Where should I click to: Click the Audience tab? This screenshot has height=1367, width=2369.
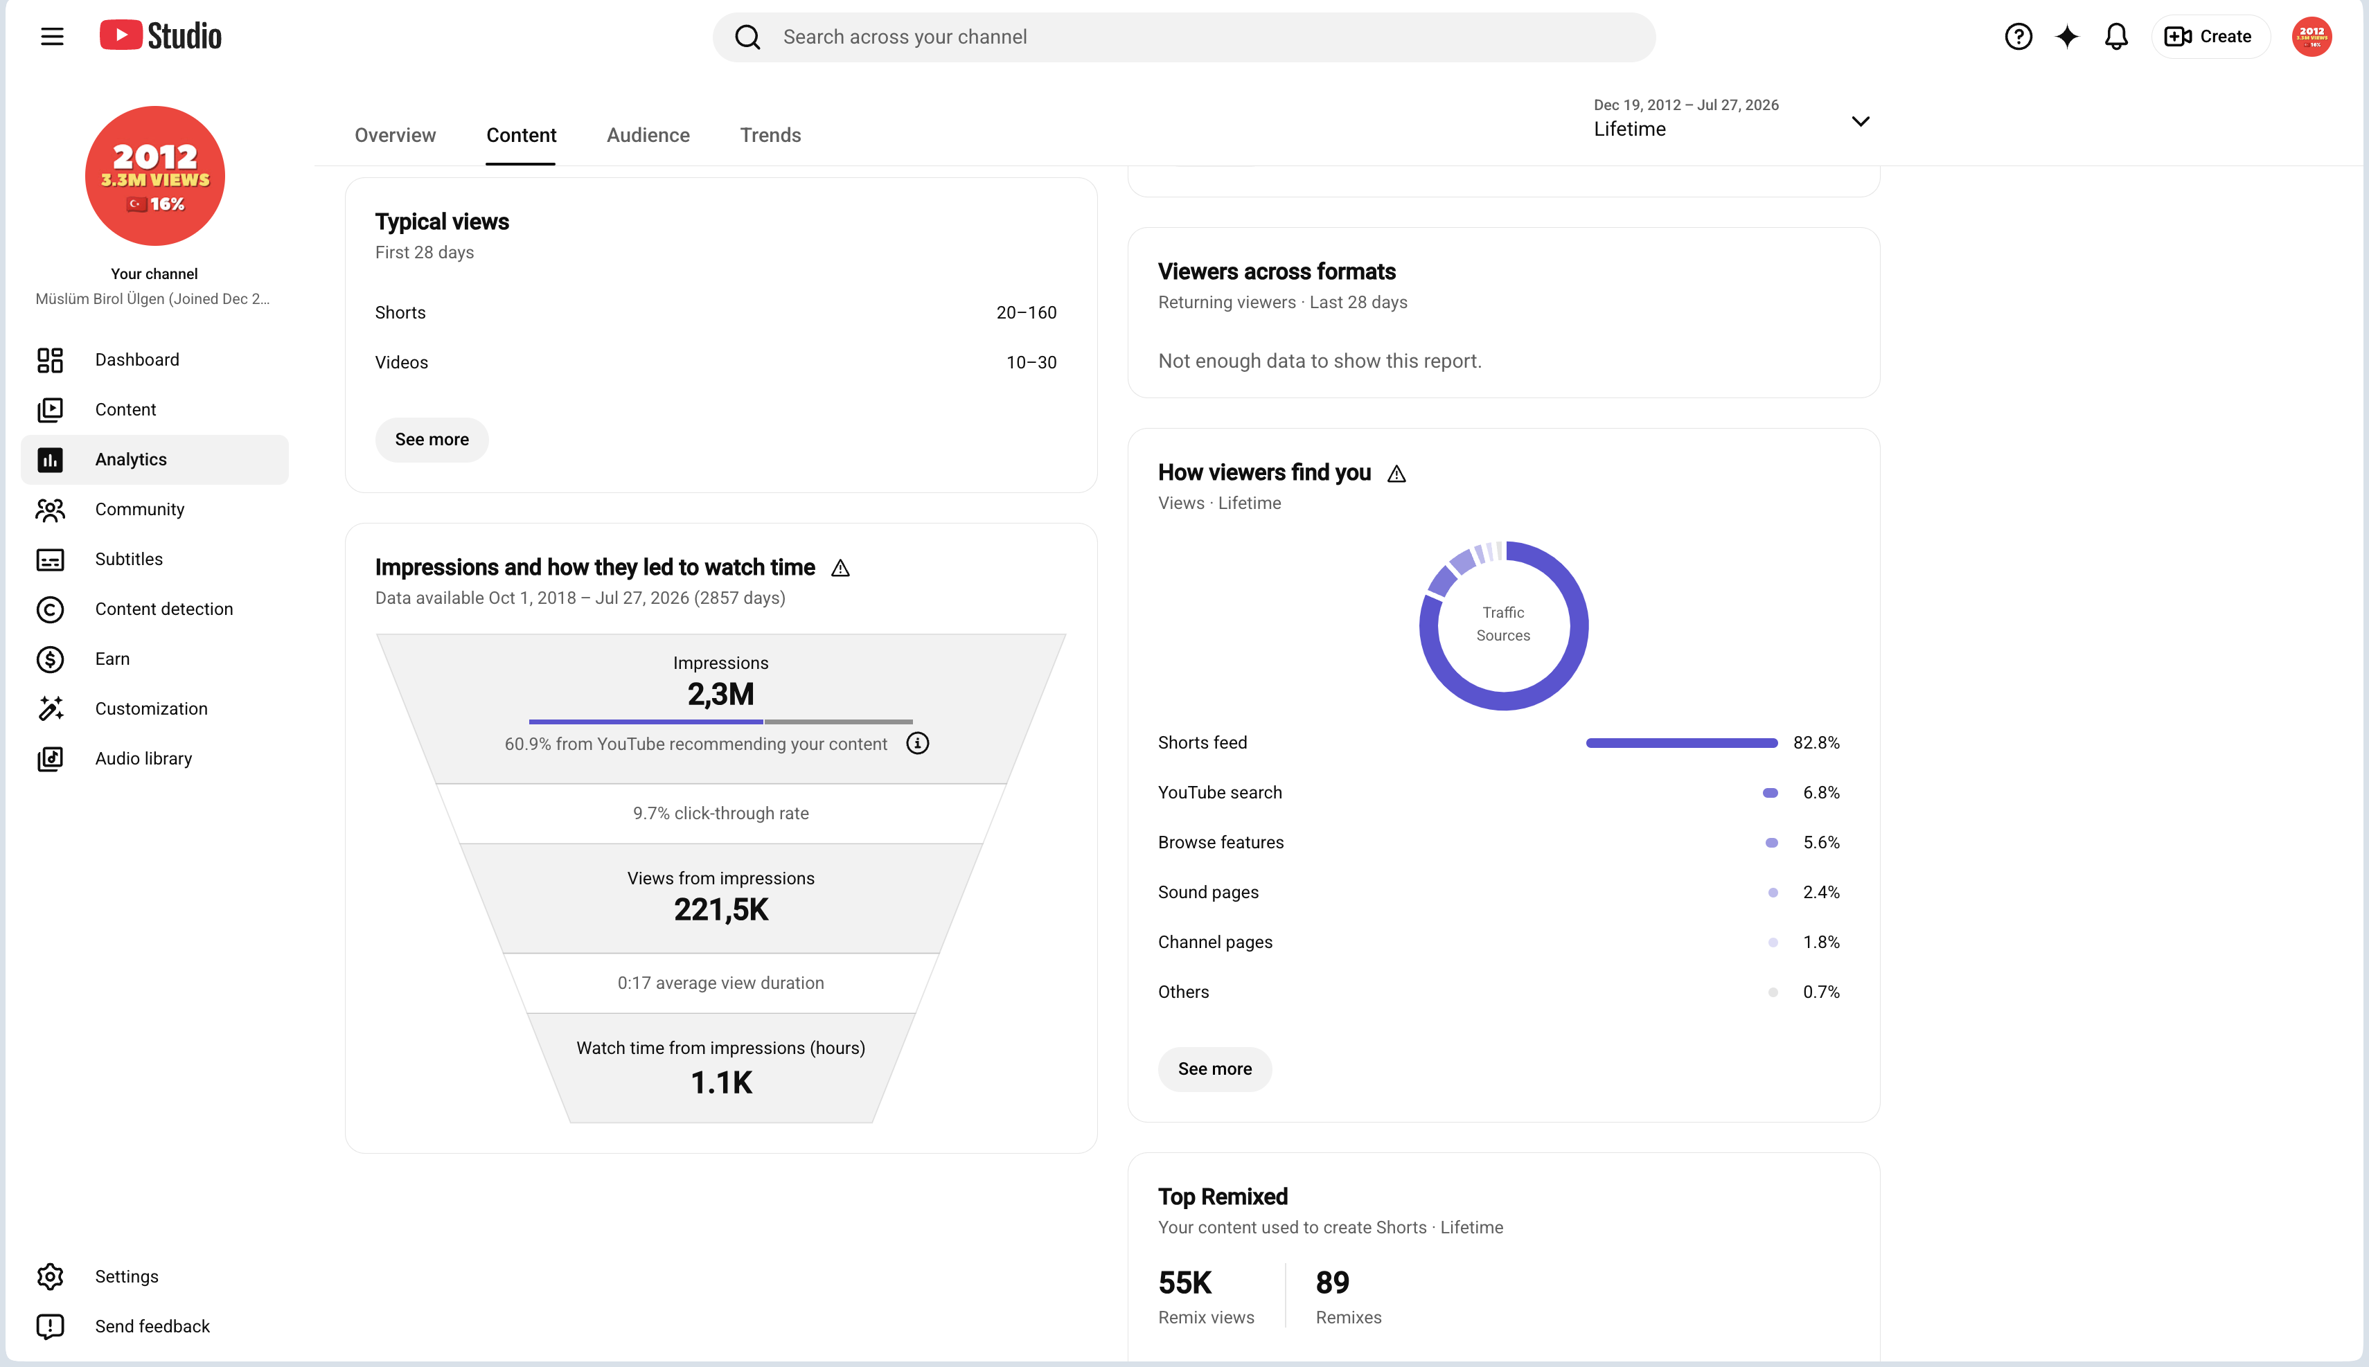648,135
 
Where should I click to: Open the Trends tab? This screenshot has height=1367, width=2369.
770,135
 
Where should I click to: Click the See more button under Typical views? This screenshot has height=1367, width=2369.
432,439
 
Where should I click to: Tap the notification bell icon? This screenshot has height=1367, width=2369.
2116,37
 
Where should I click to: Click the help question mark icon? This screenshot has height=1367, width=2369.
2018,37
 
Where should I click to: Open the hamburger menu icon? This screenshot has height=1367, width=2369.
53,37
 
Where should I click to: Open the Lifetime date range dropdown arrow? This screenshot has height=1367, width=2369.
1860,121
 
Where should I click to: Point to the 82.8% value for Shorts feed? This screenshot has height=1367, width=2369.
1816,742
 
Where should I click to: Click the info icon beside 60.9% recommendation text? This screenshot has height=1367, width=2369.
917,744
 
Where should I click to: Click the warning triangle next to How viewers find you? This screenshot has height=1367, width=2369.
1397,473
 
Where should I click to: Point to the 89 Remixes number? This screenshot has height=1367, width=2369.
1332,1283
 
